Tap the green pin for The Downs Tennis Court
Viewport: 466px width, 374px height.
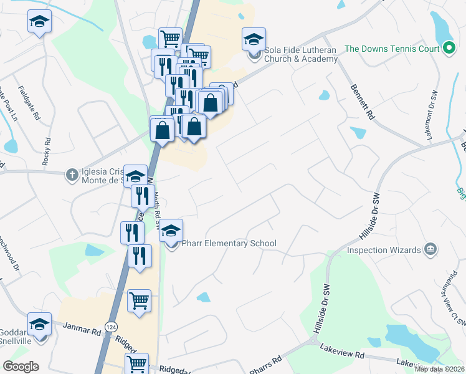tap(449, 48)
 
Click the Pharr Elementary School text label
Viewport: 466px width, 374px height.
tap(229, 243)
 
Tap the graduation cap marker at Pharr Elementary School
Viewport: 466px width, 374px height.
tap(171, 231)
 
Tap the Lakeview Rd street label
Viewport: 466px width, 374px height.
tap(342, 354)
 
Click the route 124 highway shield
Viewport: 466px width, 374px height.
tap(111, 326)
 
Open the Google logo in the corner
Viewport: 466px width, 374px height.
tap(21, 367)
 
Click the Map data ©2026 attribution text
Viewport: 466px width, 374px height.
tap(439, 369)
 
